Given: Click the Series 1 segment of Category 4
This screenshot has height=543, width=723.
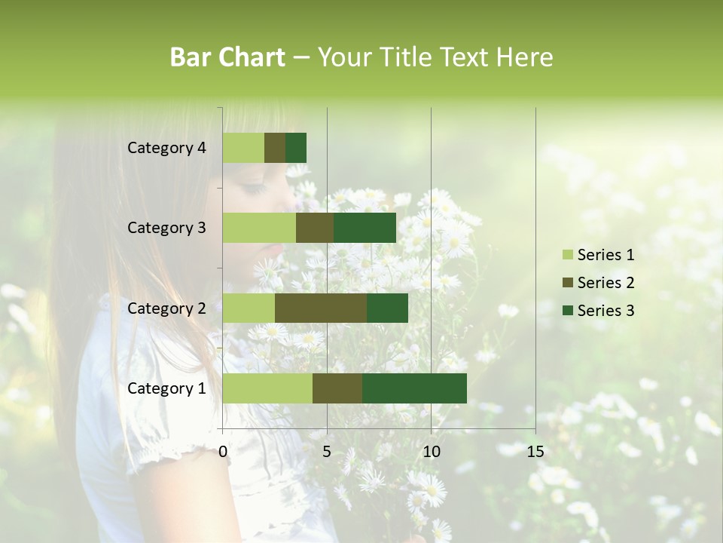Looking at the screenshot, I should (x=243, y=148).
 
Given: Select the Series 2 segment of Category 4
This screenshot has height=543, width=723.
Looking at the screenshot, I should (x=275, y=148).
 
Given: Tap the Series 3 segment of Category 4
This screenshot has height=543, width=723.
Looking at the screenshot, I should (x=296, y=148).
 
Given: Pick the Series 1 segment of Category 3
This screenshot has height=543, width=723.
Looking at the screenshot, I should (x=259, y=228).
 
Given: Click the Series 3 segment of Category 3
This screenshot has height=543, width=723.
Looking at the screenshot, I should (x=365, y=228).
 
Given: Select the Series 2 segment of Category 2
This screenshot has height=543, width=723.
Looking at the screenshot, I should (x=321, y=308).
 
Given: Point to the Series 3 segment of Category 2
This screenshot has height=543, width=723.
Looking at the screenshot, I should (x=387, y=308).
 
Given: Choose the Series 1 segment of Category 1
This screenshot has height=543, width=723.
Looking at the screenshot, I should (x=267, y=388).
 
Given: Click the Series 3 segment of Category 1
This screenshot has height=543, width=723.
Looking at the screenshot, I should (x=414, y=388).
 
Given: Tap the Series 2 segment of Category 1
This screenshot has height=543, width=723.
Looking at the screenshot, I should (x=337, y=388).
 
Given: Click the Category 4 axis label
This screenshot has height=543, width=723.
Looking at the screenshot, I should (x=166, y=148).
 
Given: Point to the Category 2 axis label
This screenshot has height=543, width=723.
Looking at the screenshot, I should (x=166, y=308).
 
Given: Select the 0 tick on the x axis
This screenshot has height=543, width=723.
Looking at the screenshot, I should (x=223, y=452).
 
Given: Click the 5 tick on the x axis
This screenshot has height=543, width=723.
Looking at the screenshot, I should (x=327, y=452).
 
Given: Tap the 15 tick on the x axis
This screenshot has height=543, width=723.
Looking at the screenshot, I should (x=535, y=452).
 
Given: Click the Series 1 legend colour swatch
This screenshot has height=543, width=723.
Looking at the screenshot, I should (x=567, y=255).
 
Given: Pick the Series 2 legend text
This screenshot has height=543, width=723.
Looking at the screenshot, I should (x=606, y=283).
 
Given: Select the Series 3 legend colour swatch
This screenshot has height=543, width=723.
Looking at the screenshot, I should (x=567, y=311).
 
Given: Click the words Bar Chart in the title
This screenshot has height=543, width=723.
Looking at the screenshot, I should (x=227, y=57).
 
